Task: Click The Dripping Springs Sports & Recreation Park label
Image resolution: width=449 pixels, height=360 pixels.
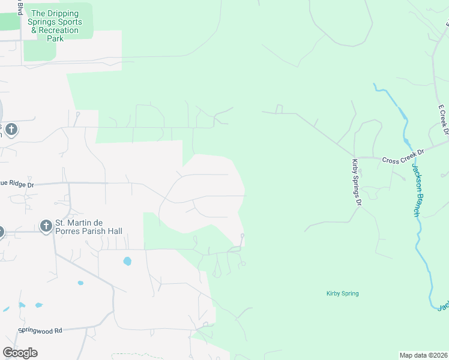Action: (55, 26)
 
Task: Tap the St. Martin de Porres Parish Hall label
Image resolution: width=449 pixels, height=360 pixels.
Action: (89, 227)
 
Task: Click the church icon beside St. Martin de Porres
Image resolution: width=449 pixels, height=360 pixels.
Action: (46, 226)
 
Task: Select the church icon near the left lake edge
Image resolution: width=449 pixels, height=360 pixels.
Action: (11, 129)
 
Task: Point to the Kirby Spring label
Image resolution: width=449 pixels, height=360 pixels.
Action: (342, 293)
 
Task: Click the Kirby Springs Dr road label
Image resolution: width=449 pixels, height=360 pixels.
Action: (356, 182)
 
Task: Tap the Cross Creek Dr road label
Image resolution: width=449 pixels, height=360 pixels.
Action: (403, 156)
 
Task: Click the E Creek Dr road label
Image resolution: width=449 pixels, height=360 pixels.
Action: (443, 120)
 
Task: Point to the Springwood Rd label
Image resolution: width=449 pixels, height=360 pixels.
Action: (40, 331)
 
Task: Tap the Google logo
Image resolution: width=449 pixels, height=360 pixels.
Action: (20, 353)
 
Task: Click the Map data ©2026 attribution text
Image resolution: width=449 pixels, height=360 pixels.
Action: (423, 355)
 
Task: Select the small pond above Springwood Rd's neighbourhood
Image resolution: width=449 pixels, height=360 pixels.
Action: (127, 261)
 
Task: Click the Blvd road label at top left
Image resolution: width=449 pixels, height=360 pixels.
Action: (20, 8)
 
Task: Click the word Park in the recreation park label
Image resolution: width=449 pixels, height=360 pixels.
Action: (55, 38)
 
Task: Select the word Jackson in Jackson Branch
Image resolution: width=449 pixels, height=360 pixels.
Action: (414, 178)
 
